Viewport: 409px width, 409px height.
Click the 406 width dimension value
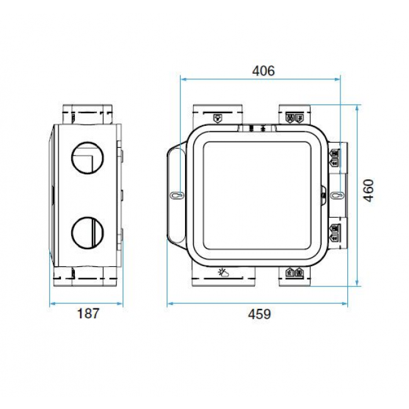coord(263,70)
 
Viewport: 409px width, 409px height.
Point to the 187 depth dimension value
coord(87,313)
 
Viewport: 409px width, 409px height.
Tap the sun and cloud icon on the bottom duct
coord(223,272)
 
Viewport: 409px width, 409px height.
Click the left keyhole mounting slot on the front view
coord(176,195)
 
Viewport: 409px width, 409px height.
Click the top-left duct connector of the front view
coord(218,115)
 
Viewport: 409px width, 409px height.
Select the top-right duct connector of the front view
coord(293,115)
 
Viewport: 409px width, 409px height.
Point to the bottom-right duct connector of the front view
coord(293,274)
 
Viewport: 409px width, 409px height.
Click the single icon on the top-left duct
coord(218,118)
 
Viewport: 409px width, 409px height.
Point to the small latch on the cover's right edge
coord(323,195)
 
